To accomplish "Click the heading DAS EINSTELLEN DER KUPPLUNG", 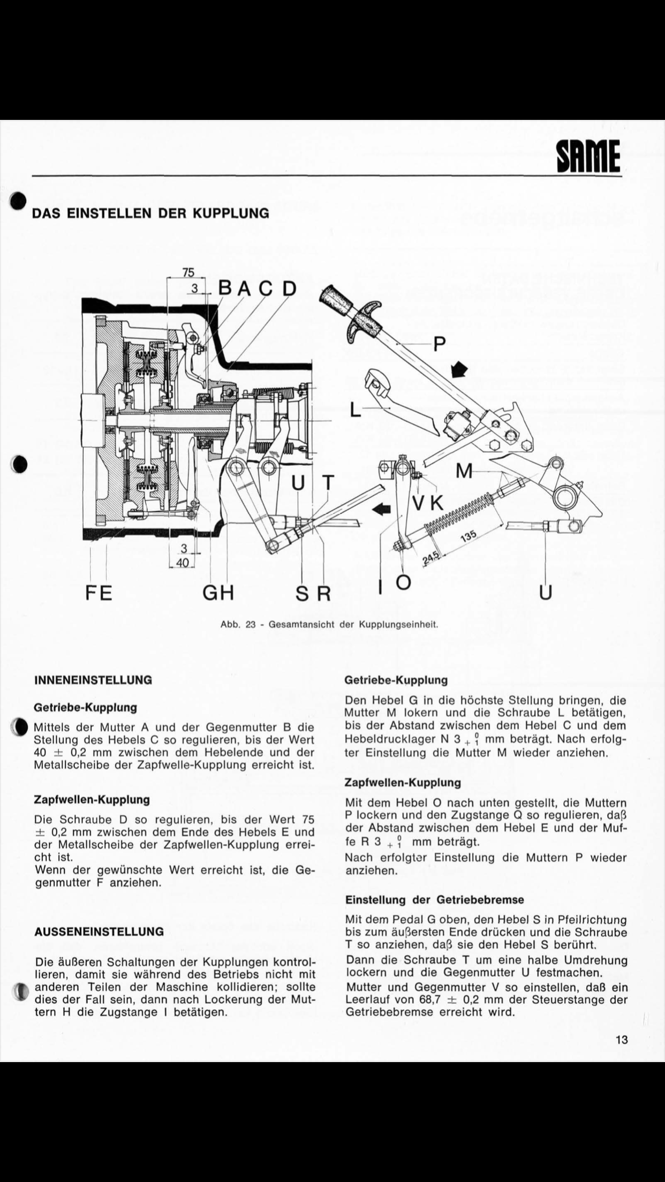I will pyautogui.click(x=151, y=213).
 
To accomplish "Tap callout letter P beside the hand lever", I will pyautogui.click(x=439, y=343).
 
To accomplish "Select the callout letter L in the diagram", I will pyautogui.click(x=356, y=410).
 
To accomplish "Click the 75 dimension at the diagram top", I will pyautogui.click(x=188, y=272).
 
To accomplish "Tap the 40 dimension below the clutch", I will pyautogui.click(x=183, y=563).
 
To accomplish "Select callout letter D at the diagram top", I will pyautogui.click(x=289, y=289).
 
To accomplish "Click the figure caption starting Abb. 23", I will pyautogui.click(x=330, y=624).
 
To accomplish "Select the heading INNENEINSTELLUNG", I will pyautogui.click(x=93, y=680).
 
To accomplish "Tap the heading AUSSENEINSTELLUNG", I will pyautogui.click(x=99, y=932).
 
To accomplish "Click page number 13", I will pyautogui.click(x=622, y=1040).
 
